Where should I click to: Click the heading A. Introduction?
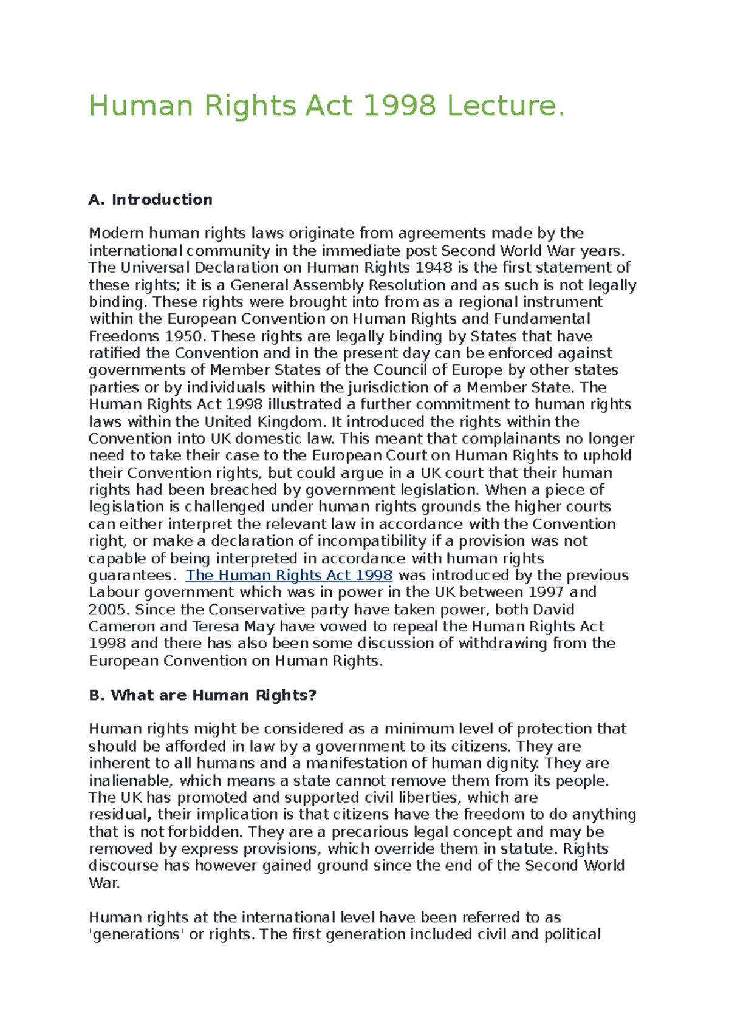point(150,200)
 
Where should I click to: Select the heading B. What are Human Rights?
point(202,695)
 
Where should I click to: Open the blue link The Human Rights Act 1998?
point(289,576)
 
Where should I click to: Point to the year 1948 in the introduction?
point(434,268)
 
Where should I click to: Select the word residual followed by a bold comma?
point(118,815)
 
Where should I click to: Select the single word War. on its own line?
point(104,883)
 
